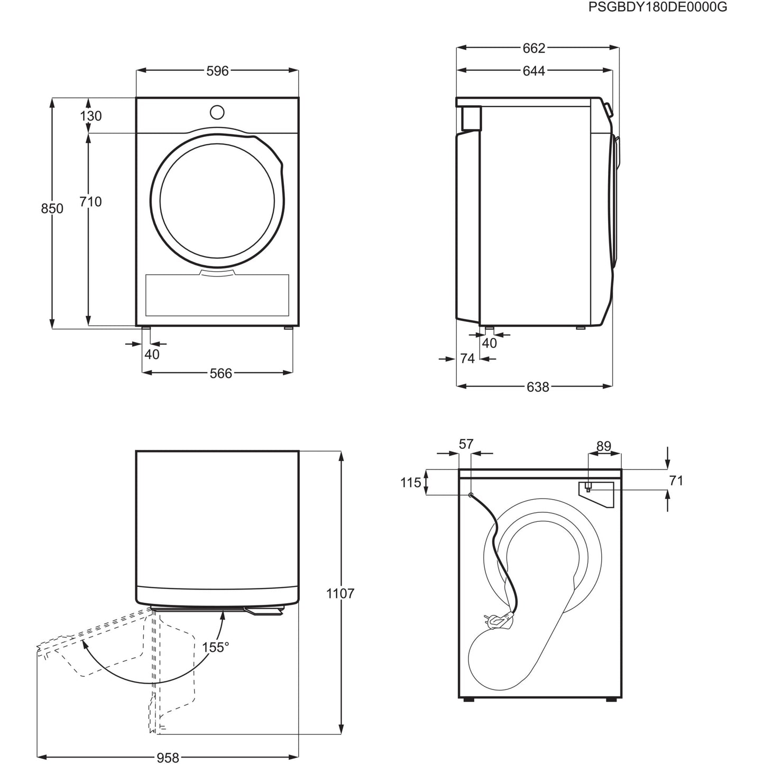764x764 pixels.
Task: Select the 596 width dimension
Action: pos(217,71)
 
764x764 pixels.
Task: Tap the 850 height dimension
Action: pos(52,209)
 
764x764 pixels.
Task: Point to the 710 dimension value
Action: pos(90,201)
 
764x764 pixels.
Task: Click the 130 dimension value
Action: pos(91,116)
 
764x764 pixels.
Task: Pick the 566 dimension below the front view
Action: pos(220,373)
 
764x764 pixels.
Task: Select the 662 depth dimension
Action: pos(533,48)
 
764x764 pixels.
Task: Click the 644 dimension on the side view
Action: pos(533,71)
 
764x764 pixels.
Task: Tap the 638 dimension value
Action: pos(537,388)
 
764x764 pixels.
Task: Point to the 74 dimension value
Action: pos(467,359)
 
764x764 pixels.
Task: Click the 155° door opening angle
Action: pos(215,647)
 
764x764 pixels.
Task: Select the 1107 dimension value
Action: pos(340,594)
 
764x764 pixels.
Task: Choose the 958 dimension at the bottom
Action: pos(168,758)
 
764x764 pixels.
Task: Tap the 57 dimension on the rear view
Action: pos(466,445)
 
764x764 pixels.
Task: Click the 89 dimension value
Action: pos(603,446)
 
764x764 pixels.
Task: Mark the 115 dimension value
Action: pos(411,483)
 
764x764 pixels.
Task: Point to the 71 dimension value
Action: pos(676,481)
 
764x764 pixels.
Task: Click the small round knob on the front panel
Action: pos(217,113)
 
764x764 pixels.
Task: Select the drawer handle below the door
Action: pos(217,272)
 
